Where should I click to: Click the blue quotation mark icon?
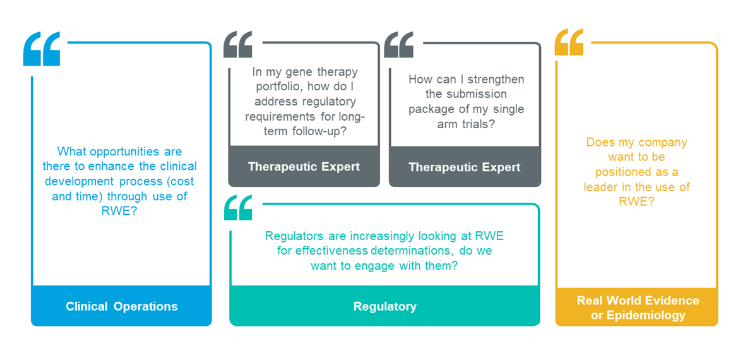(42, 49)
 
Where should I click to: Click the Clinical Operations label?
(121, 306)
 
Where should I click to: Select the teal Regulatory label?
(384, 306)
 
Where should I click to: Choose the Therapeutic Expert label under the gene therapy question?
(304, 167)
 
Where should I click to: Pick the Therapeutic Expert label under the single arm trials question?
(465, 167)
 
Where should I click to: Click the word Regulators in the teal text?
(294, 236)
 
